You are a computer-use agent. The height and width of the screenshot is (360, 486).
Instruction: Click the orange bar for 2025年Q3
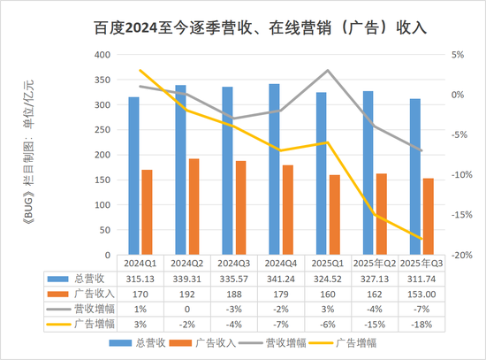tap(429, 216)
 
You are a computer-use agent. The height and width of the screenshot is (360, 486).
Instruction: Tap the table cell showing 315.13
tap(140, 277)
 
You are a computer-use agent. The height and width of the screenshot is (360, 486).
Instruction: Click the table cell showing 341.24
tap(281, 277)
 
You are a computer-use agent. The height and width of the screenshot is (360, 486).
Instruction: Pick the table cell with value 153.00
tap(421, 291)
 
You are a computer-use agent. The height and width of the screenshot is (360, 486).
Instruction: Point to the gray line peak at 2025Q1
tap(328, 71)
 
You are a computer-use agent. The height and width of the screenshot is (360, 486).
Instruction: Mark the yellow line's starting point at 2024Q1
tap(140, 71)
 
